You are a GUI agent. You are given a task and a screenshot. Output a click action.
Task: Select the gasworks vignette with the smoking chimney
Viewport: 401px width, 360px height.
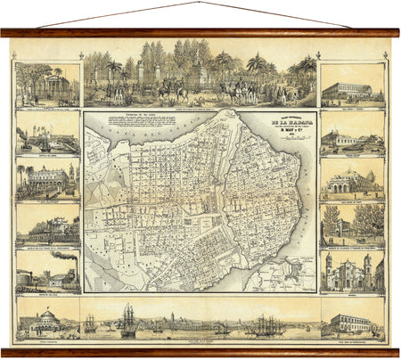coord(47,270)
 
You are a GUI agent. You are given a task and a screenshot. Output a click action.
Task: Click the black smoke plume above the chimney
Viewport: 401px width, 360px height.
coord(64,255)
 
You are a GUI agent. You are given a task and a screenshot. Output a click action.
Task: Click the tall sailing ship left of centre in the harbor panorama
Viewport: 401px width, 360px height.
coord(128,320)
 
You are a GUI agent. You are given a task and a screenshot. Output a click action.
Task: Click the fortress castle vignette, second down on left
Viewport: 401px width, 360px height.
coord(47,135)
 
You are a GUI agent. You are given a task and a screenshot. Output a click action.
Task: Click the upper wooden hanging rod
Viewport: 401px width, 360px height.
coord(200,33)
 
